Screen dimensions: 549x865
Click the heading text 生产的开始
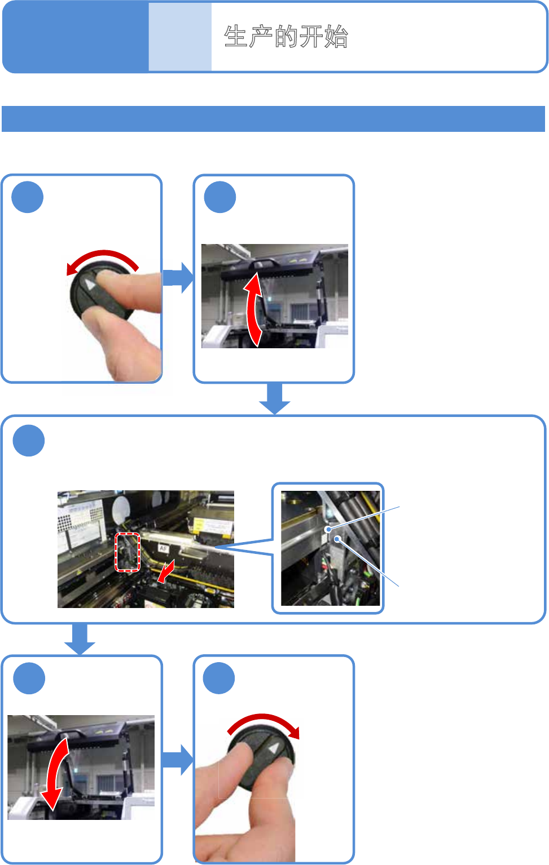pos(286,37)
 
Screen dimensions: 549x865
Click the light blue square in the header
pos(180,37)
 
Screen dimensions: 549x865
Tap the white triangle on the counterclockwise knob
pos(90,284)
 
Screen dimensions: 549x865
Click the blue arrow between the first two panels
pos(178,278)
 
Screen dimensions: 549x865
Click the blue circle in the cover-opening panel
pos(219,198)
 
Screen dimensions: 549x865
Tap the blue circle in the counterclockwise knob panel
pos(28,197)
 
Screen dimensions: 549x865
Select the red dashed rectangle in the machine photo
pos(128,552)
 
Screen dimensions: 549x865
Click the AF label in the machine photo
pos(163,548)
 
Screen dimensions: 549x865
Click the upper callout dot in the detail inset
pos(328,529)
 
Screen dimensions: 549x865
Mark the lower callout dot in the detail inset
pos(337,539)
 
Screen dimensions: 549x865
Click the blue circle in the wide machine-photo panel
pos(29,441)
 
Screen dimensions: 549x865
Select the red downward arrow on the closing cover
pos(55,773)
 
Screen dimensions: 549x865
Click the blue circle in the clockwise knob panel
pos(219,678)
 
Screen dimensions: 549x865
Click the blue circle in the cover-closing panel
pos(29,678)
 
